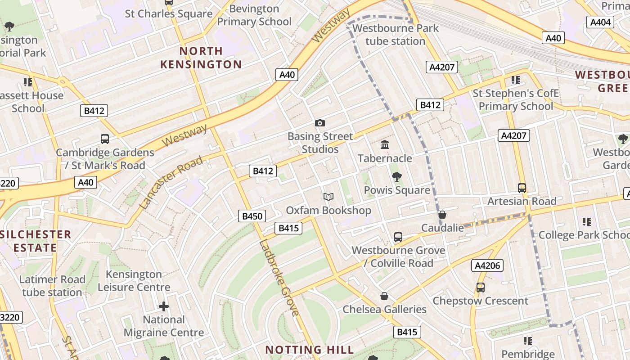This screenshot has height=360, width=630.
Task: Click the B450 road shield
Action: [252, 216]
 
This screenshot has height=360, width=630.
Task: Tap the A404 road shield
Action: [600, 22]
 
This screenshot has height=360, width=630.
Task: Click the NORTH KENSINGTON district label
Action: [201, 58]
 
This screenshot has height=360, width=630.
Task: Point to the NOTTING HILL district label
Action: [310, 350]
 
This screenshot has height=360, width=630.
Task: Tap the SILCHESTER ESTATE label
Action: [36, 241]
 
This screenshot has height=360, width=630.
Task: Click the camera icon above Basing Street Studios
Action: [320, 123]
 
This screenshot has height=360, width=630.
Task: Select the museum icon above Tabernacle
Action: [385, 145]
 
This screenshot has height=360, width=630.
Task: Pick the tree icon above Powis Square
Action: [396, 177]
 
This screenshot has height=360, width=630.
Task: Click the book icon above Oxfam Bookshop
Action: [328, 197]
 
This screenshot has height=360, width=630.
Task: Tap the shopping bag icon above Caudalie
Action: [442, 215]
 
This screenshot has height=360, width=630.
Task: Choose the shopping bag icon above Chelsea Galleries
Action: [384, 296]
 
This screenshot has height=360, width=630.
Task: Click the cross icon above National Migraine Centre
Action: [164, 306]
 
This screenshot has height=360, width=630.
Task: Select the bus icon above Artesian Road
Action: [522, 188]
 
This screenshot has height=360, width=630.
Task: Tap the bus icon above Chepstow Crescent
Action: [481, 287]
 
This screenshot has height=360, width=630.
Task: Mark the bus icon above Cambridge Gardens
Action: [105, 139]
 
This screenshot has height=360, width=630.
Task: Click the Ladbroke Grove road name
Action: [279, 278]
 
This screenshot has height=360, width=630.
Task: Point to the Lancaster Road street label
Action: [171, 182]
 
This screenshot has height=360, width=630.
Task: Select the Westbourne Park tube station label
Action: [395, 35]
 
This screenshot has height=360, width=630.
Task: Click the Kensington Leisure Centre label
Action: [134, 280]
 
